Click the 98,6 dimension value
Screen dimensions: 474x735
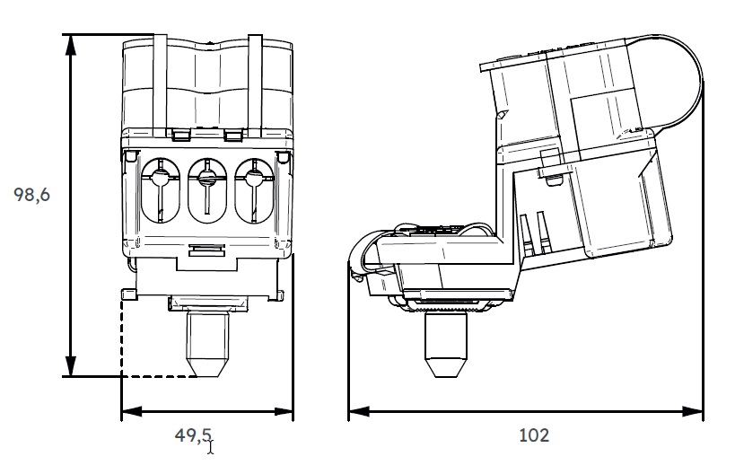point(31,195)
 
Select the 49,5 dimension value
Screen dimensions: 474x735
point(192,435)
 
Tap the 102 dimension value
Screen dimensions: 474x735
point(533,435)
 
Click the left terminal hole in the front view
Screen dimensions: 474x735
point(160,189)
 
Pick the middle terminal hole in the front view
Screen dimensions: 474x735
point(206,189)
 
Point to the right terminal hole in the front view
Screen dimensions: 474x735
point(252,189)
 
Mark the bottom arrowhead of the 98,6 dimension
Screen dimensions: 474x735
point(70,369)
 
